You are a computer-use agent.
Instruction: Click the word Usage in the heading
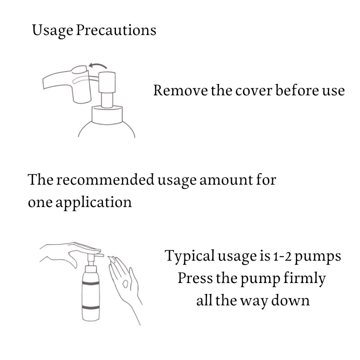pyautogui.click(x=53, y=31)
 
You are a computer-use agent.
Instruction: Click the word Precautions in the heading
pyautogui.click(x=116, y=30)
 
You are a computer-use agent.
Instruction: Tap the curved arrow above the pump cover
pyautogui.click(x=98, y=66)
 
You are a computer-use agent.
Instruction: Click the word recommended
pyautogui.click(x=105, y=179)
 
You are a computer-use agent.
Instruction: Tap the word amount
pyautogui.click(x=226, y=180)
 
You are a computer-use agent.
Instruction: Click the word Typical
pyautogui.click(x=189, y=256)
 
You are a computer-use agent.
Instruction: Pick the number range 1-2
pyautogui.click(x=282, y=256)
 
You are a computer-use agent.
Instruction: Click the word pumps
pyautogui.click(x=317, y=257)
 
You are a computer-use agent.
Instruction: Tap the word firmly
pyautogui.click(x=304, y=278)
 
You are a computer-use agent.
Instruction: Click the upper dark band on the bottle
pyautogui.click(x=91, y=283)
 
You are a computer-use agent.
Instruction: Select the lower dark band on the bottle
pyautogui.click(x=91, y=307)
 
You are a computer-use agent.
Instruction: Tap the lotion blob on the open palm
pyautogui.click(x=126, y=284)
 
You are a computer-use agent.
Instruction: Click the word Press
pyautogui.click(x=195, y=278)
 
